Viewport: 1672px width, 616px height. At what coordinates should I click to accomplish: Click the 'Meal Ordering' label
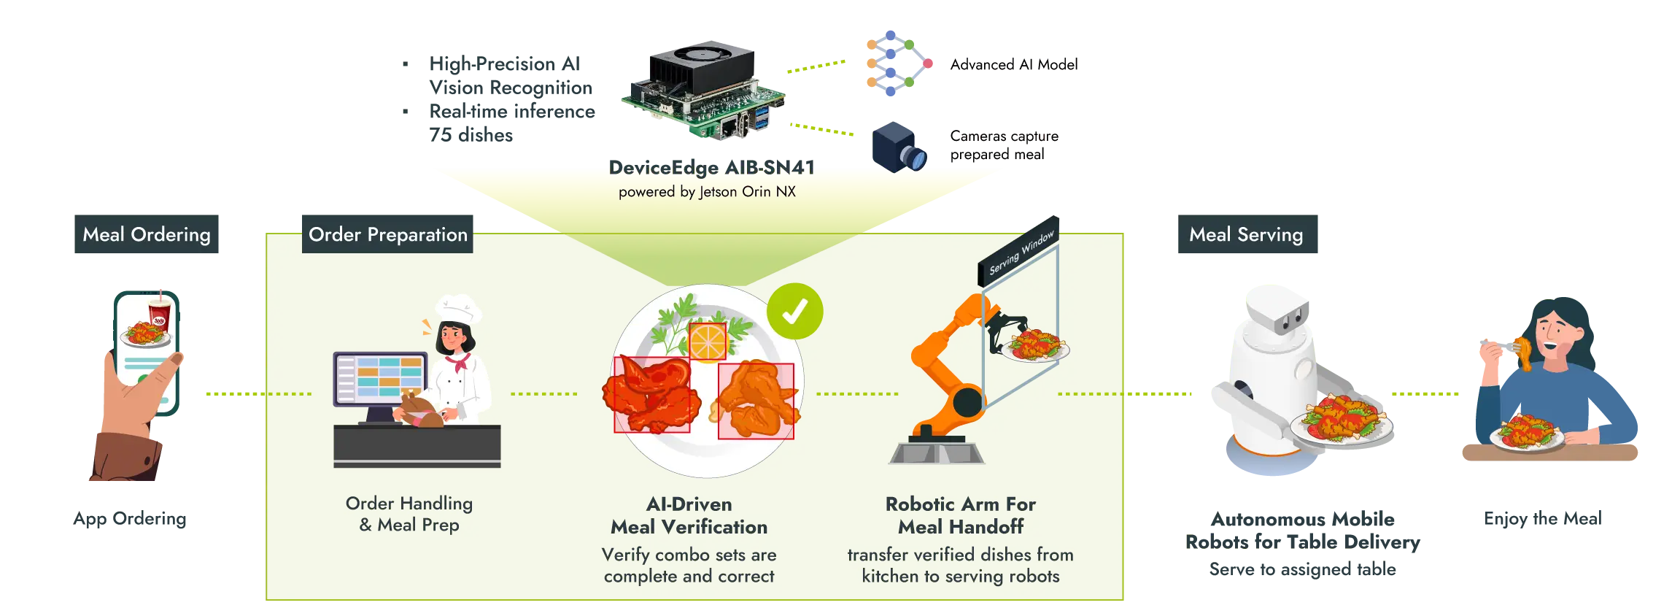point(147,234)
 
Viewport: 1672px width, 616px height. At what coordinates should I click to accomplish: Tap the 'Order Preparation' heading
point(387,234)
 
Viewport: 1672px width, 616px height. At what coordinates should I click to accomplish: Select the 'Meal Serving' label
point(1245,234)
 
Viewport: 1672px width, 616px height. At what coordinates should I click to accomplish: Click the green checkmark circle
point(794,312)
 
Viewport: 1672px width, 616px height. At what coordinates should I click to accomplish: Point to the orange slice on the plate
point(708,342)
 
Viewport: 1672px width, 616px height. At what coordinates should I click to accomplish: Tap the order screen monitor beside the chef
point(379,378)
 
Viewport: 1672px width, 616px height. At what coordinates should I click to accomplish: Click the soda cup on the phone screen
point(159,312)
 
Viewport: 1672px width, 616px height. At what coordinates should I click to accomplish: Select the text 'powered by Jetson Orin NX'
point(707,192)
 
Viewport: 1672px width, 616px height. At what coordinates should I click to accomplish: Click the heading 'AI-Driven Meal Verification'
point(689,515)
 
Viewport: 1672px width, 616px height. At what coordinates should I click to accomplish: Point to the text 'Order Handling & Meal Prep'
point(409,514)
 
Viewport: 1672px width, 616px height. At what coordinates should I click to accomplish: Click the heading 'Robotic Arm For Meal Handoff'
point(960,515)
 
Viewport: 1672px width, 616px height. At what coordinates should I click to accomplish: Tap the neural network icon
point(894,64)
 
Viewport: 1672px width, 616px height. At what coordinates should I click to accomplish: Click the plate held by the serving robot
point(1341,428)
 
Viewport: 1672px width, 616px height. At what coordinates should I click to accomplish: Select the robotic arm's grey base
point(937,451)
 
